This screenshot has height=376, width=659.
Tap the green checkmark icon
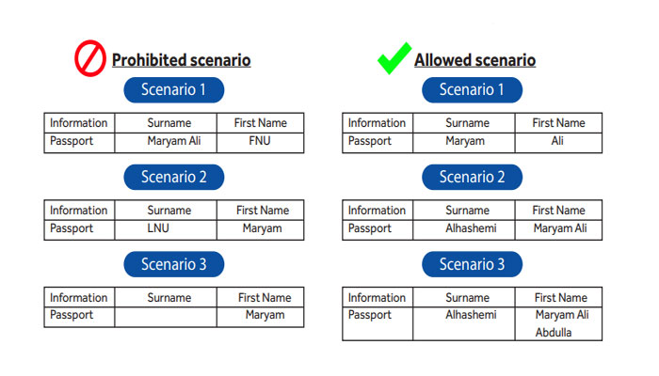click(394, 58)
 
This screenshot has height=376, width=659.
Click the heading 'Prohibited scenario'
click(181, 60)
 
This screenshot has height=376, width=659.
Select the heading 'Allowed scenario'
click(474, 60)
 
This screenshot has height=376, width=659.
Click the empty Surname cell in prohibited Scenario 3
click(166, 317)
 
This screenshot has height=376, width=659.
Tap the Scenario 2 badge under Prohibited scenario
click(173, 177)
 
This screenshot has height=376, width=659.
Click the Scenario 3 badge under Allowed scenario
click(472, 264)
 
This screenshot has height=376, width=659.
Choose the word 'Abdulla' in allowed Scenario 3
click(554, 333)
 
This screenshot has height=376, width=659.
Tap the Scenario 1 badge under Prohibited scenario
click(173, 89)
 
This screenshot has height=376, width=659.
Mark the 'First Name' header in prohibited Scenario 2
click(263, 210)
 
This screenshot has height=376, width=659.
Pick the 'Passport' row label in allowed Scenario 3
click(369, 315)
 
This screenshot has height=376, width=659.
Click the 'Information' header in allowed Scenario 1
click(377, 122)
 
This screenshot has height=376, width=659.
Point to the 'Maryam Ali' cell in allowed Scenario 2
click(560, 228)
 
